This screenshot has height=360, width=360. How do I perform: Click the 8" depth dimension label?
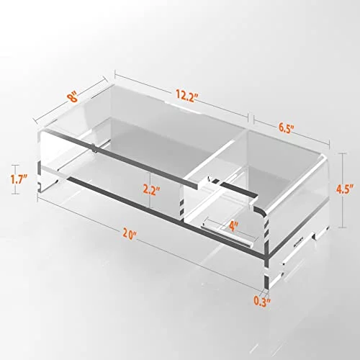click(73, 97)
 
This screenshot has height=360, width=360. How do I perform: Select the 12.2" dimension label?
click(187, 96)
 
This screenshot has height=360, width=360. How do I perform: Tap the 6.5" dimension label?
click(286, 128)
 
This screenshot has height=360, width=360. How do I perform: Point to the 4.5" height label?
click(344, 190)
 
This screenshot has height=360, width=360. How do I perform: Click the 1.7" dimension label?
click(19, 179)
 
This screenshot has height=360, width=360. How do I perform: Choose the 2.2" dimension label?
click(151, 190)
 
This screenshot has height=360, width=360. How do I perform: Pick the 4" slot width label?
click(233, 226)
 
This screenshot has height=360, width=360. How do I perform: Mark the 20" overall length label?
click(129, 233)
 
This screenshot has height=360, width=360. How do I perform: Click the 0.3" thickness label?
click(262, 301)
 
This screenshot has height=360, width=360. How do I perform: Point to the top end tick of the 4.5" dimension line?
click(342, 154)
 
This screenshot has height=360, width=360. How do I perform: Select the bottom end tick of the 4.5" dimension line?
click(342, 227)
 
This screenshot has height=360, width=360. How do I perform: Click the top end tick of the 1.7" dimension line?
click(16, 166)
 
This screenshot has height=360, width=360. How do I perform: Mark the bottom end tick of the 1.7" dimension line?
click(16, 193)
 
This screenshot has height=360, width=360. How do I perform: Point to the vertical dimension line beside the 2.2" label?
click(150, 190)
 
